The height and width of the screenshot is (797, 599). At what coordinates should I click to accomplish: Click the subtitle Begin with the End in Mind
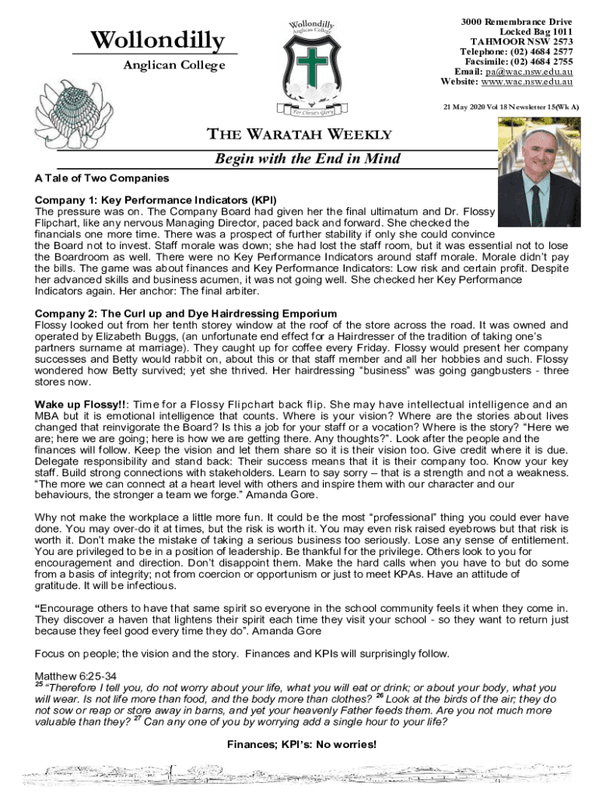point(307,159)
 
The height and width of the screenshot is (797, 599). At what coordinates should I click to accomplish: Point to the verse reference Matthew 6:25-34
point(76,676)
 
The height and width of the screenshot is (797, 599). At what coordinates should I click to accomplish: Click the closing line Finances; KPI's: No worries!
point(301,745)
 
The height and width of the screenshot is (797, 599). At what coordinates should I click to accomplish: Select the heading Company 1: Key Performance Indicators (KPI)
point(156,199)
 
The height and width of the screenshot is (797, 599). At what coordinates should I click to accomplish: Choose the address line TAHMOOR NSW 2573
point(522,40)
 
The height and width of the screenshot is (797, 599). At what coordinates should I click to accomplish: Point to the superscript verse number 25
point(39,685)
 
